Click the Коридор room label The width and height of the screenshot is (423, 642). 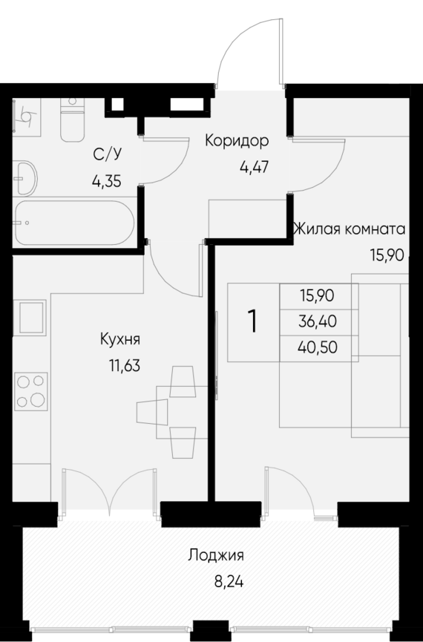[x=236, y=140]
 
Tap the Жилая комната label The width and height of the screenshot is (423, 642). [x=349, y=229]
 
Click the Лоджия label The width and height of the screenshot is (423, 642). [x=216, y=554]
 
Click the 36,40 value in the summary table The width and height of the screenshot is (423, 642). [x=318, y=321]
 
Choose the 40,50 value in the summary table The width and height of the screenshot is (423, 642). [x=318, y=347]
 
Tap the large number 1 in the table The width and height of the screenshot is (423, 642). [x=253, y=321]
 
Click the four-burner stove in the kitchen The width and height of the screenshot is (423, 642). [x=30, y=391]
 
